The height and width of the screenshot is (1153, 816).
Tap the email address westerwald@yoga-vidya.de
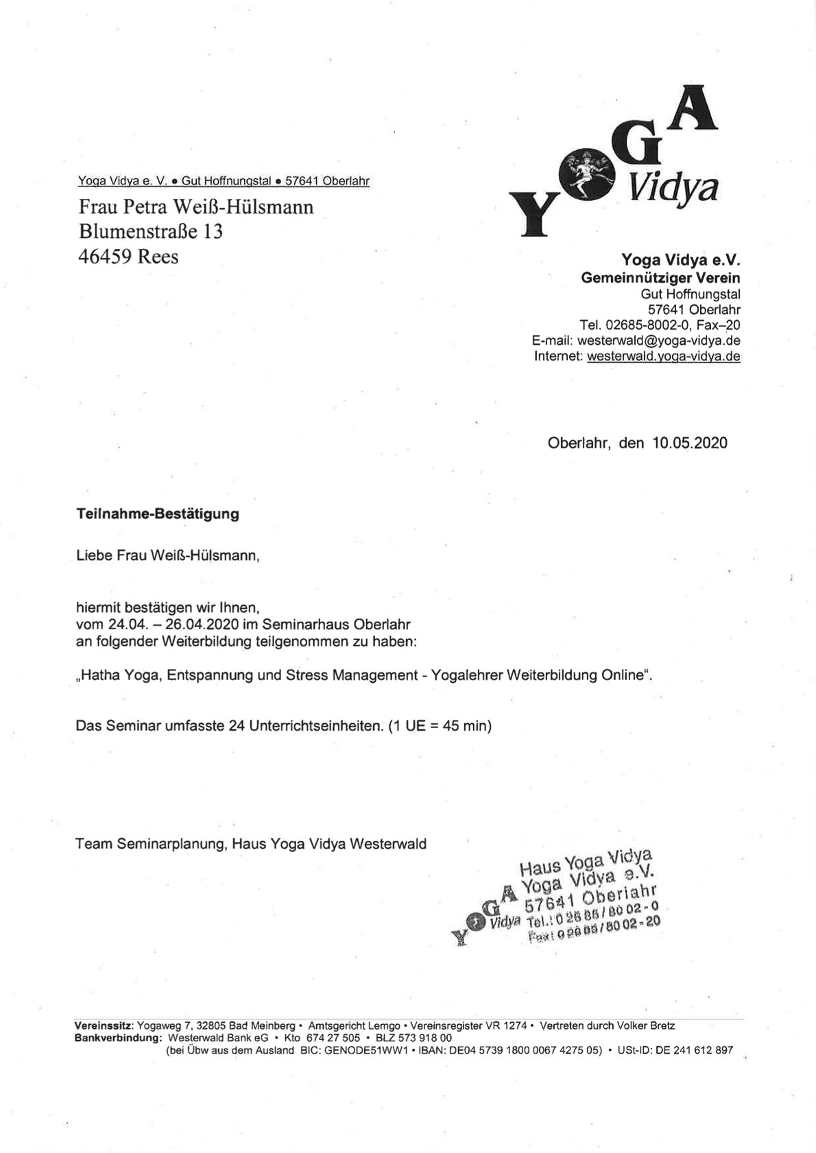tap(659, 341)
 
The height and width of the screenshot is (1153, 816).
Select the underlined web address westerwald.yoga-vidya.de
tap(664, 356)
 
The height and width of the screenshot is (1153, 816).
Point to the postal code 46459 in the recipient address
tap(105, 256)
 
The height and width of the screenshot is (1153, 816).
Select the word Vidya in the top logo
tap(673, 186)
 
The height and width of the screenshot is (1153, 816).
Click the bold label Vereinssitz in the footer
tap(104, 1026)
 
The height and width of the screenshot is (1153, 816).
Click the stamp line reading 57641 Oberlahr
tap(590, 897)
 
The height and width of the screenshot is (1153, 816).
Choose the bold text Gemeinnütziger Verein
tap(660, 278)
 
